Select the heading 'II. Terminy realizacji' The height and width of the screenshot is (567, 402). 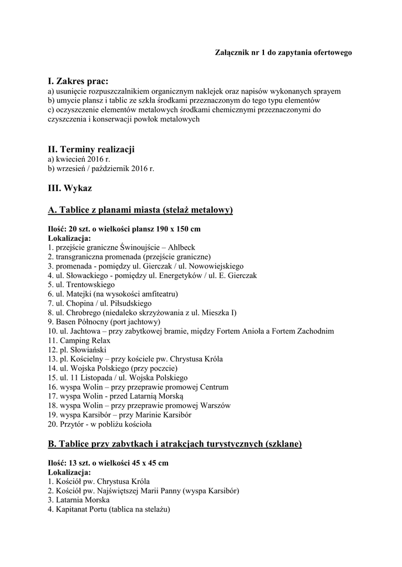pyautogui.click(x=91, y=150)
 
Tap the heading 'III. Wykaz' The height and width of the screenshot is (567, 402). pyautogui.click(x=70, y=188)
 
